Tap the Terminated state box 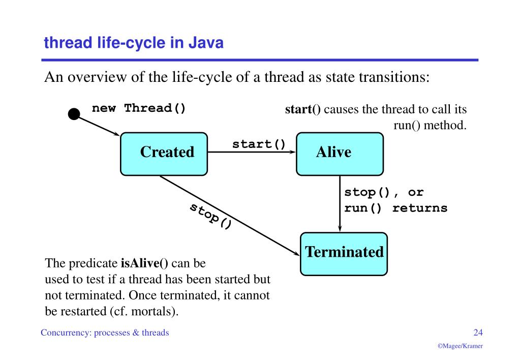[x=344, y=253]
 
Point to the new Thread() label [x=138, y=108]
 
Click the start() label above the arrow [x=259, y=143]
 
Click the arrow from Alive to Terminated [x=340, y=203]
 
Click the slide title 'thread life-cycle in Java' [x=134, y=43]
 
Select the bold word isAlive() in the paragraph [x=144, y=264]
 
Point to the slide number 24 [x=478, y=333]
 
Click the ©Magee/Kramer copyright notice [x=460, y=346]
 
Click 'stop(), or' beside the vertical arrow [x=384, y=193]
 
